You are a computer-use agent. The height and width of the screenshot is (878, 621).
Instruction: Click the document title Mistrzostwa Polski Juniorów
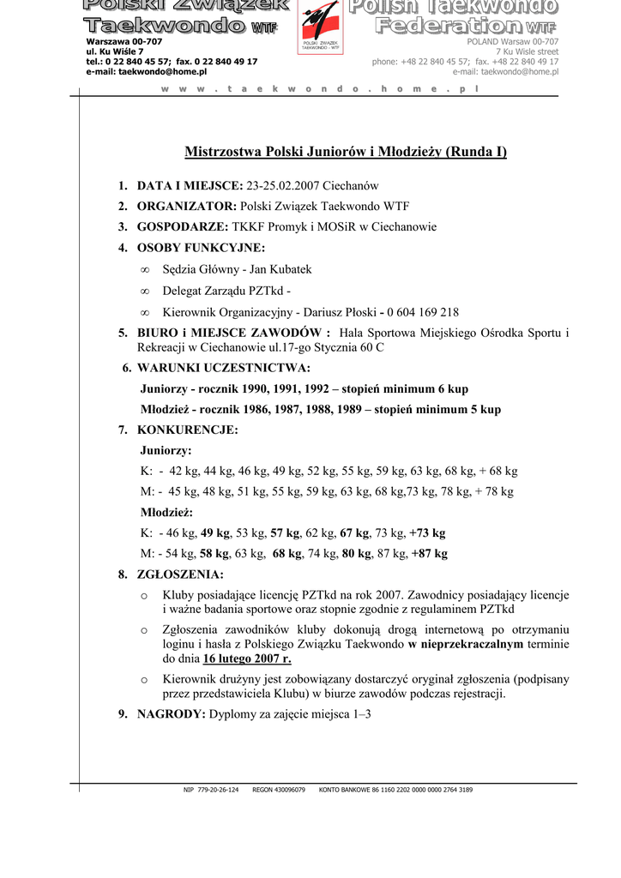click(x=346, y=153)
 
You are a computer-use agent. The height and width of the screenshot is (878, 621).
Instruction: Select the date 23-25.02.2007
click(x=282, y=186)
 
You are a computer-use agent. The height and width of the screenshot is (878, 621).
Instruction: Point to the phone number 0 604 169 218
click(x=422, y=312)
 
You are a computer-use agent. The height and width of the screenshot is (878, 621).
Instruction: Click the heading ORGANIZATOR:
click(x=186, y=207)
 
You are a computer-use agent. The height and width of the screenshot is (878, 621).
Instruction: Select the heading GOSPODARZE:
click(x=183, y=227)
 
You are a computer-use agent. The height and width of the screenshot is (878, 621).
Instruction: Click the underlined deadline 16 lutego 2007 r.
click(x=247, y=658)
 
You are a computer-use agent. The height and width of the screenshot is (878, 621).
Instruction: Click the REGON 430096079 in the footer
click(x=279, y=790)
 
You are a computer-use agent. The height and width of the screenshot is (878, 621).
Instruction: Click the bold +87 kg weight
click(x=429, y=554)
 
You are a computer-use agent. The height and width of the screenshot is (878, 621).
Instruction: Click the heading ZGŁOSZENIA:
click(x=180, y=574)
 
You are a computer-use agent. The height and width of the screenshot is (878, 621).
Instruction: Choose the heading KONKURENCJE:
click(x=188, y=430)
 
